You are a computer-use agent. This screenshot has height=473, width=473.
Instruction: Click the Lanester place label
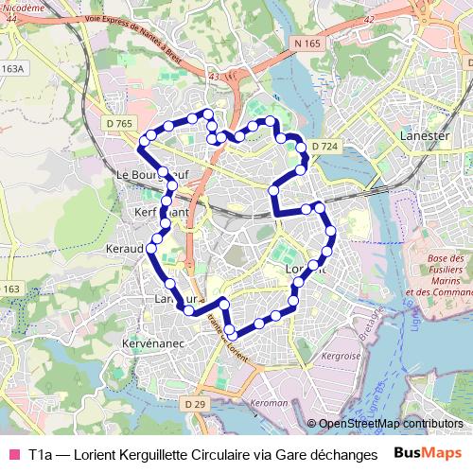(x=425, y=135)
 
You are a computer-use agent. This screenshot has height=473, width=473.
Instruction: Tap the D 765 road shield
(x=117, y=124)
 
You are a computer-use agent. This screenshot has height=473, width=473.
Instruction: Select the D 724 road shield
(x=324, y=147)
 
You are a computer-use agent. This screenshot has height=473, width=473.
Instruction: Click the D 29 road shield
(x=195, y=404)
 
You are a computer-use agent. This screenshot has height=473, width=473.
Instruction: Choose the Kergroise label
(x=341, y=356)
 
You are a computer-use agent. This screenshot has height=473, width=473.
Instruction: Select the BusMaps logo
(x=429, y=453)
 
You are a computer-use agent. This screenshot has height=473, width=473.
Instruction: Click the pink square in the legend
(x=13, y=454)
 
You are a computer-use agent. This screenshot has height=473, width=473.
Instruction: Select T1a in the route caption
(x=41, y=454)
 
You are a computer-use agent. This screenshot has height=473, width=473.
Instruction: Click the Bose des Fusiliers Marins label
(x=436, y=274)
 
